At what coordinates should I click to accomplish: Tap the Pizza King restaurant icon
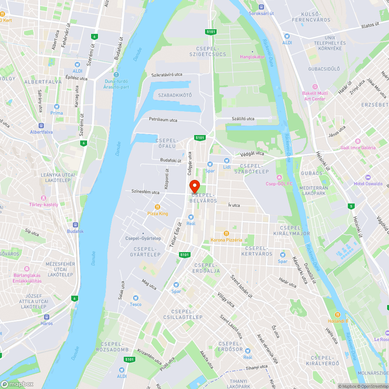(x=158, y=207)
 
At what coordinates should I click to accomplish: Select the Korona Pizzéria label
(x=226, y=240)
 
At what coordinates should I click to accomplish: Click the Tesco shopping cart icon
(x=136, y=298)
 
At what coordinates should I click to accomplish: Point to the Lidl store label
(x=227, y=167)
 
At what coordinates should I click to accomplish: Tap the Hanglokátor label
(x=252, y=57)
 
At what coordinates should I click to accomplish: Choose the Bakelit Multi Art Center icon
(x=315, y=86)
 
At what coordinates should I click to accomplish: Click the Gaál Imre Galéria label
(x=358, y=147)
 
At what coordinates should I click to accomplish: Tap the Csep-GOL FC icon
(x=279, y=177)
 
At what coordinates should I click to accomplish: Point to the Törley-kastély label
(x=44, y=205)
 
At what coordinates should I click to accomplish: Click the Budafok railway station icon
(x=75, y=224)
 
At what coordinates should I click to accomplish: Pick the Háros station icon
(x=47, y=317)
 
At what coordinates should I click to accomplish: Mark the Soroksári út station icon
(x=261, y=7)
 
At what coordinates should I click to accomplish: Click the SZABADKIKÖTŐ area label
(x=175, y=95)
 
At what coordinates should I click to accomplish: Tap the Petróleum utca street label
(x=163, y=120)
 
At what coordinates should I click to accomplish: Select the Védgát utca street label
(x=252, y=154)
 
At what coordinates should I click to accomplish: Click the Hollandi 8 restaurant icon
(x=338, y=314)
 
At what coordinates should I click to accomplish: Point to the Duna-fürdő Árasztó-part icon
(x=116, y=75)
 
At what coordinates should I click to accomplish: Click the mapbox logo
(x=17, y=384)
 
